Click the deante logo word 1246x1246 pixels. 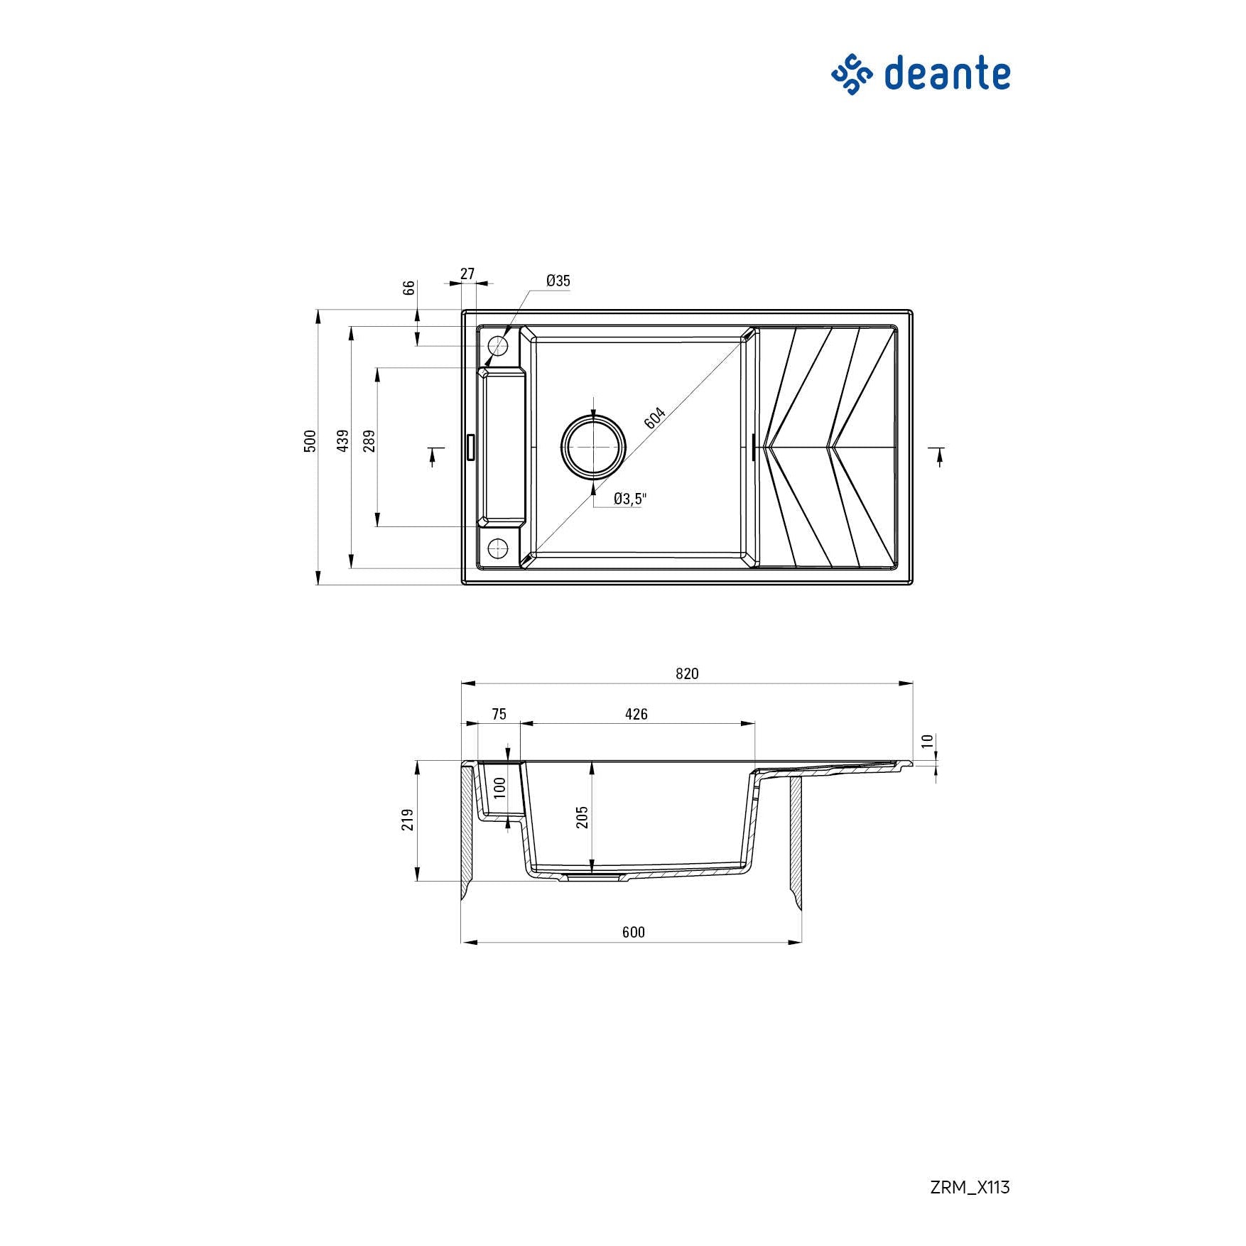pos(947,74)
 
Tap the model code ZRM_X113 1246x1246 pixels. pos(969,1187)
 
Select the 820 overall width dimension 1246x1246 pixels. pos(687,673)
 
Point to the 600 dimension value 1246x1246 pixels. pos(633,932)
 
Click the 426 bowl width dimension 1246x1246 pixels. pos(636,714)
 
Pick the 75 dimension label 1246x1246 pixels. pos(499,714)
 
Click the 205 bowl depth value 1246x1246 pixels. pos(583,817)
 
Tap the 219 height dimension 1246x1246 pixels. pos(408,820)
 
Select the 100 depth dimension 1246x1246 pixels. pos(499,787)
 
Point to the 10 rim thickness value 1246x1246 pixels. pos(927,741)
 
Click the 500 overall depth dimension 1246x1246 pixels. pos(310,441)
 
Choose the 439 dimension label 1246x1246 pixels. pos(343,441)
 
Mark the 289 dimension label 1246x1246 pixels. pos(368,441)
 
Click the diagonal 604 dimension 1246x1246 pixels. pos(654,418)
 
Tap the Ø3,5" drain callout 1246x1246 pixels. pos(630,499)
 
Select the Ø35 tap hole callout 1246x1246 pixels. pos(558,281)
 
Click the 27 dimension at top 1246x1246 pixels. pos(467,273)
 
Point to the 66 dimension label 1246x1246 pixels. pos(408,288)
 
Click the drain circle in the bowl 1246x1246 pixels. pos(594,447)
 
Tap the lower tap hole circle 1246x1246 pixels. pos(498,548)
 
